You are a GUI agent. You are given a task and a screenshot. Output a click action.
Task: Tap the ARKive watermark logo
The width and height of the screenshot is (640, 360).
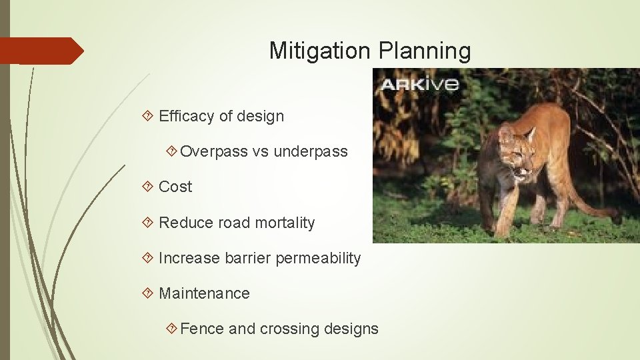pos(419,84)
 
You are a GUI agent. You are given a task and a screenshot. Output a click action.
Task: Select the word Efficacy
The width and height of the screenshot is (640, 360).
pos(187,116)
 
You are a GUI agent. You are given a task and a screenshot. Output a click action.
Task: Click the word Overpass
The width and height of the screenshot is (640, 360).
pos(214,151)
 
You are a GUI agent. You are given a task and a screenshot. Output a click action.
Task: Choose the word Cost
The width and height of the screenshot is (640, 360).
pos(175,187)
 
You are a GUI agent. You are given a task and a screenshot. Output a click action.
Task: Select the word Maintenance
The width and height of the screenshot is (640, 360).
pos(204,293)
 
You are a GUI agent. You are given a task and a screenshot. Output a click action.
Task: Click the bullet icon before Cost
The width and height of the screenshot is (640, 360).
pos(149,187)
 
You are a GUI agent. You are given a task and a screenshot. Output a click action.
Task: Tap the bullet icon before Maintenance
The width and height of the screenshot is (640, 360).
pos(149,293)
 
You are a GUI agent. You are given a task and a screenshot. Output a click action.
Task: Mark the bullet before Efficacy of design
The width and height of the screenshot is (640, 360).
pos(149,116)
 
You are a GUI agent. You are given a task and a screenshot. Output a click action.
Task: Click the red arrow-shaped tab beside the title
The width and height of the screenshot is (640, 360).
pos(40,51)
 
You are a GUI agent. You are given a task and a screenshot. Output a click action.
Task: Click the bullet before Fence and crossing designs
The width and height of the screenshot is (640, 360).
pos(171,329)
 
